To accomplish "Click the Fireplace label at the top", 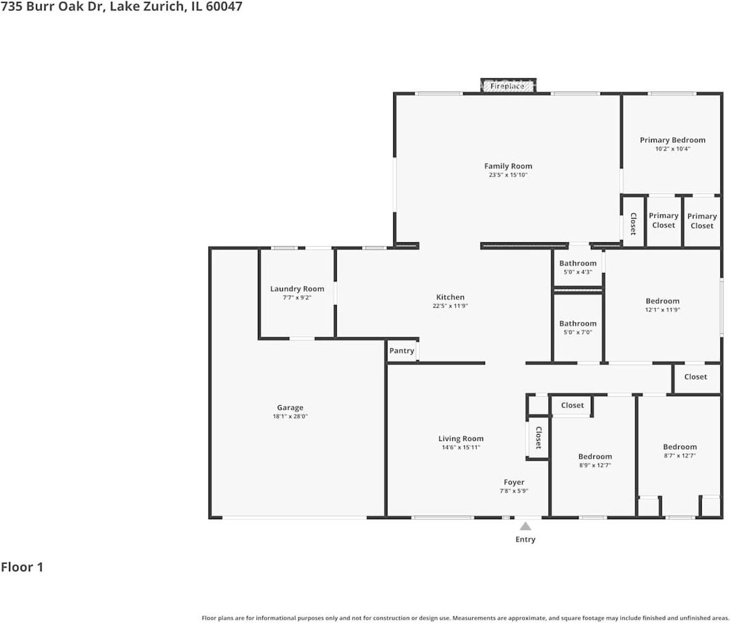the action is click(x=507, y=86).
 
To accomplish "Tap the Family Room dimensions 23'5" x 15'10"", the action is click(x=508, y=175).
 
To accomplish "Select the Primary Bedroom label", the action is click(x=672, y=140).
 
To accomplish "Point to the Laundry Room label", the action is click(x=297, y=289).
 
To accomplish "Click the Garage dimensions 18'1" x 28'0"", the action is click(x=290, y=417).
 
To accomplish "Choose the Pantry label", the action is click(x=402, y=351).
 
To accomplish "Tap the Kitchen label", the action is click(x=450, y=297).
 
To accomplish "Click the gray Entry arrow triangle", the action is click(x=525, y=526).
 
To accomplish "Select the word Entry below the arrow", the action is click(x=525, y=540).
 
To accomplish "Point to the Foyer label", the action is click(x=514, y=482).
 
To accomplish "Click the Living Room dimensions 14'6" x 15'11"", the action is click(x=461, y=448).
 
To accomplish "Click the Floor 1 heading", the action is click(x=22, y=567).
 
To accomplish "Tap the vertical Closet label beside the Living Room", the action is click(x=538, y=438).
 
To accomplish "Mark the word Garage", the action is click(x=290, y=408).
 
